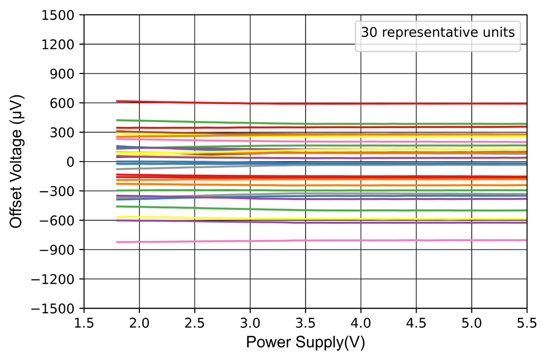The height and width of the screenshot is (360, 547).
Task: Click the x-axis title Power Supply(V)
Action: (x=305, y=343)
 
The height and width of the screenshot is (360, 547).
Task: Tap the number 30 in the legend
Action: (x=368, y=33)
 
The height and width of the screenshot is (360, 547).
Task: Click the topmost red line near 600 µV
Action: (x=327, y=103)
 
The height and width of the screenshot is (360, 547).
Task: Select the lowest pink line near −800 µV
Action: (x=327, y=240)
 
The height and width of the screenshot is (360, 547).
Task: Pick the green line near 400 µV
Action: (x=327, y=124)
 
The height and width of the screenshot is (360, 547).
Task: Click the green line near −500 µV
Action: (x=327, y=210)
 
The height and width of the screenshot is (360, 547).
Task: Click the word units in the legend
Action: (x=500, y=33)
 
